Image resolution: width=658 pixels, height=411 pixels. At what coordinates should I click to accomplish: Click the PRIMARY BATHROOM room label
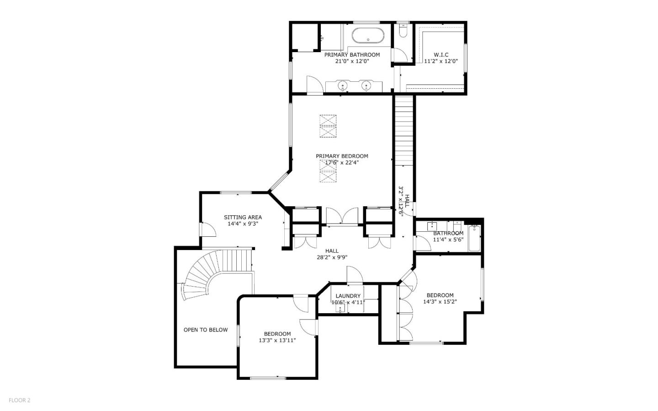352,55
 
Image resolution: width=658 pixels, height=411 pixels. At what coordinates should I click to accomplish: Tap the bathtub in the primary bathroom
368,35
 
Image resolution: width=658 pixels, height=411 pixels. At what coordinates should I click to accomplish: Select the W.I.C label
441,55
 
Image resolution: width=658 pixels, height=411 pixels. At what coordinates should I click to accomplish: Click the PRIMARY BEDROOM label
342,156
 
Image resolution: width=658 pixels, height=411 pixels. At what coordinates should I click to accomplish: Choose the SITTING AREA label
243,217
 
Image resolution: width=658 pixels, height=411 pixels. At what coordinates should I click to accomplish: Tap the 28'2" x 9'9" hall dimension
332,257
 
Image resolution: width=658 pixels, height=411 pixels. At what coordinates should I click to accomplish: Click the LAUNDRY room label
348,296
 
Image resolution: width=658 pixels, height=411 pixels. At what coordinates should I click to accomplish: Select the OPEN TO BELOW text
206,330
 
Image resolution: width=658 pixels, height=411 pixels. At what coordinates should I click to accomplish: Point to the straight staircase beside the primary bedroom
404,130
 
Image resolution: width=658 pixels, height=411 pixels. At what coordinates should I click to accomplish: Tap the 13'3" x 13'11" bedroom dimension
277,340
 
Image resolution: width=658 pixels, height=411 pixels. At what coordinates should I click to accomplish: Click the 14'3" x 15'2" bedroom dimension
440,302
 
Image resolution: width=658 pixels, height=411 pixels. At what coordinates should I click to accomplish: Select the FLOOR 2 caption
19,400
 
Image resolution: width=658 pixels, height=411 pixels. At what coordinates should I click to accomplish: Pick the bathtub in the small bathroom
475,238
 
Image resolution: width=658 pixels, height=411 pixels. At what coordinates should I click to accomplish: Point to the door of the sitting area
208,230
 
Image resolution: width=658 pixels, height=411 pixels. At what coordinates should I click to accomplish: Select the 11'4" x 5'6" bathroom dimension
448,240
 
